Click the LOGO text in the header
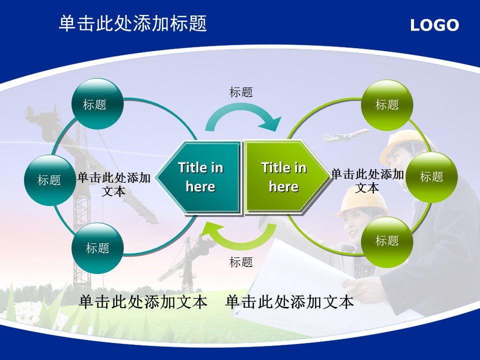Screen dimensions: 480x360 (x=434, y=25)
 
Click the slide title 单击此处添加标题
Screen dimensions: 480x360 (x=132, y=23)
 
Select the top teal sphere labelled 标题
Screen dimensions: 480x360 (x=97, y=104)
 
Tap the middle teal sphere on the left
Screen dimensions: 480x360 (x=50, y=180)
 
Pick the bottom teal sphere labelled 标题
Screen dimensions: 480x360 (x=97, y=248)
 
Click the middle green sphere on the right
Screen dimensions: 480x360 (x=431, y=177)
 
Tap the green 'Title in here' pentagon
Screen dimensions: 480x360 (x=286, y=177)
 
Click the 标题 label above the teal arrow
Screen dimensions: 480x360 (x=241, y=92)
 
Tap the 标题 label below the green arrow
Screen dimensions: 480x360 (x=241, y=262)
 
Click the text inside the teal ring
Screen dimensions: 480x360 (x=113, y=184)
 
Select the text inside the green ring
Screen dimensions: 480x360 (x=367, y=180)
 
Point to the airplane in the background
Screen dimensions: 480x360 (x=346, y=135)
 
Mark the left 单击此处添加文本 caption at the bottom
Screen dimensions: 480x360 (x=143, y=302)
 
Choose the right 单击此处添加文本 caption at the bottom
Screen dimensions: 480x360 (x=289, y=302)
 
